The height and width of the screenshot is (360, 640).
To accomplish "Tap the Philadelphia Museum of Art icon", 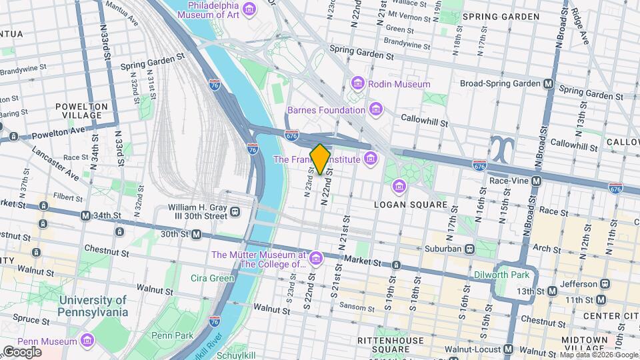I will coord(249,9).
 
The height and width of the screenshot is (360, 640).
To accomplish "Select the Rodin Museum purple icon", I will coord(358,84).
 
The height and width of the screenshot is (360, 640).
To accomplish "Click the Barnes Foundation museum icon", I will coord(376,109).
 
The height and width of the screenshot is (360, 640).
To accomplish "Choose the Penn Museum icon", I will coord(87,341).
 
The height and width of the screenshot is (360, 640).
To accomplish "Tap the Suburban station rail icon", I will coord(470,249).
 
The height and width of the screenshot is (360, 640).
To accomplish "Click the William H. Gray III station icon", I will coord(235,212).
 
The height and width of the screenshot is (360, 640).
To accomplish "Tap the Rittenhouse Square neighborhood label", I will coord(399,345).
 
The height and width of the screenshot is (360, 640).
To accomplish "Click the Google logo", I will coord(22,351).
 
